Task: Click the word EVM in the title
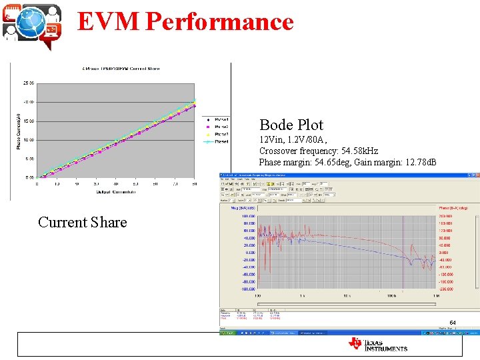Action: (x=109, y=21)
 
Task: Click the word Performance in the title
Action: (x=219, y=21)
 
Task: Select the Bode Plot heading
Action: (x=291, y=125)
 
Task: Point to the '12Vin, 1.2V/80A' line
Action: (x=293, y=140)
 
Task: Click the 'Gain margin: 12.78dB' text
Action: (x=396, y=162)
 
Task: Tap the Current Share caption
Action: (x=82, y=222)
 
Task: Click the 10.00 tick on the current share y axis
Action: (x=29, y=140)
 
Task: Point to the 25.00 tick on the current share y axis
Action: (x=29, y=83)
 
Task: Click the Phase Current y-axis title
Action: (x=19, y=130)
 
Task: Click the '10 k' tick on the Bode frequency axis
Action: (x=347, y=295)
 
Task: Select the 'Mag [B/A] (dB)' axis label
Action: (x=243, y=208)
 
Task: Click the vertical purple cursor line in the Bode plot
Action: (x=403, y=253)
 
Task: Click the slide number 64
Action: (x=453, y=323)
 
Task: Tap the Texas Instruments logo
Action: (x=377, y=344)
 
